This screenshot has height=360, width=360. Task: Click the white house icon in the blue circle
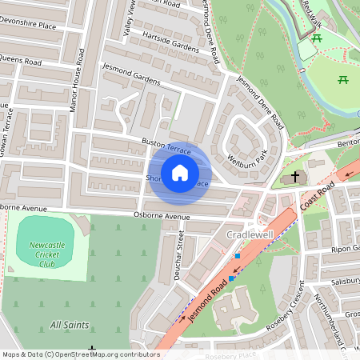pos(180,172)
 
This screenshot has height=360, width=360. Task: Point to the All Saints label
pos(70,325)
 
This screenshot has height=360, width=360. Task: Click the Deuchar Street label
pos(180,254)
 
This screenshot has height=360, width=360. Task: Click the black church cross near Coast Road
pos(295,175)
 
